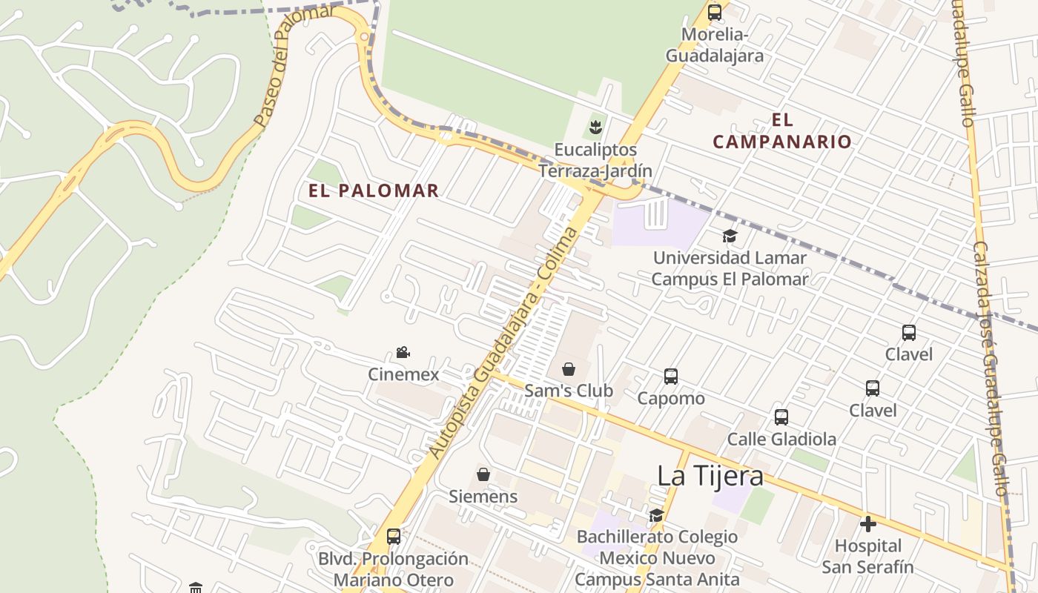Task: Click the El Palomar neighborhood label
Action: (x=374, y=191)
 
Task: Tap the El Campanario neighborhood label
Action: (x=782, y=130)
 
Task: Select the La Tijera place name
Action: (x=710, y=476)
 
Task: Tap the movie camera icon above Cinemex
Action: (x=403, y=353)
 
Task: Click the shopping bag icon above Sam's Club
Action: (x=569, y=368)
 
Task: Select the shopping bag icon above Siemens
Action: (x=483, y=474)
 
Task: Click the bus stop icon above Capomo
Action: (x=671, y=377)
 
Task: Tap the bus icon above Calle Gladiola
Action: (x=781, y=417)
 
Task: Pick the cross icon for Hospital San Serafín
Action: (x=867, y=525)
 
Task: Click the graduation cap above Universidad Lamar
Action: (x=730, y=236)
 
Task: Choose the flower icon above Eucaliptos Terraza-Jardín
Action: (x=595, y=127)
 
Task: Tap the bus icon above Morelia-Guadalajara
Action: (x=715, y=13)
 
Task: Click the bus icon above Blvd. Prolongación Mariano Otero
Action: (x=394, y=537)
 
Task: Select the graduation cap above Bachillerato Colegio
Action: (x=656, y=515)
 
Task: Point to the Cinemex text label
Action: (x=403, y=374)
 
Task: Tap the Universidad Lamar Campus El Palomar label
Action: (x=730, y=268)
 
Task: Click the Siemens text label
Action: (x=483, y=496)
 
